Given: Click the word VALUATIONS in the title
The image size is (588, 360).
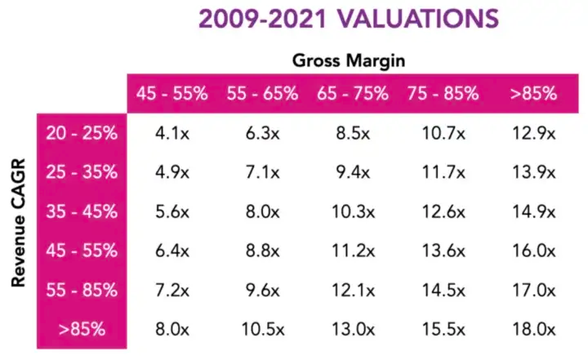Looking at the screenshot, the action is [418, 19].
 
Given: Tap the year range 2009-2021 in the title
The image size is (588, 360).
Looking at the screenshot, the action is [262, 19].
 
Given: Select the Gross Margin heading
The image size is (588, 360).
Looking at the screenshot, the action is [349, 60].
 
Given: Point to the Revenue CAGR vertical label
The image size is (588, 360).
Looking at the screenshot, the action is [18, 223].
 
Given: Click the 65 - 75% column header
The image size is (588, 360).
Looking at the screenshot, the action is [353, 93].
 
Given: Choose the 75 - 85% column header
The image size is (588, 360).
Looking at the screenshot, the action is [443, 93].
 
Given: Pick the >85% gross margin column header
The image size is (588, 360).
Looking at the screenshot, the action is [533, 93].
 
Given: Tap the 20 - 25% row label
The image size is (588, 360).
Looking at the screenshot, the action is [82, 133].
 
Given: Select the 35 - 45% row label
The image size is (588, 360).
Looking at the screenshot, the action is [82, 211].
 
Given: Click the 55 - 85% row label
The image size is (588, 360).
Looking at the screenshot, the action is [82, 290].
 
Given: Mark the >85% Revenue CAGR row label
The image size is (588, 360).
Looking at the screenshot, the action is [82, 329].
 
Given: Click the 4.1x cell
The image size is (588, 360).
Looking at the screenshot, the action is [172, 133].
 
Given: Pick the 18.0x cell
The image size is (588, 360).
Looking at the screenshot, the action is [533, 329].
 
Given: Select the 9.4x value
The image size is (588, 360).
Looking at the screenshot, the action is [353, 172].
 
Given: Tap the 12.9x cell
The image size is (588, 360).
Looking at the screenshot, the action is [533, 133].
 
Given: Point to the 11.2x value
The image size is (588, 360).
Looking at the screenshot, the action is [354, 251].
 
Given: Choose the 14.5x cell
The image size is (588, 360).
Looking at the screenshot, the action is [443, 290].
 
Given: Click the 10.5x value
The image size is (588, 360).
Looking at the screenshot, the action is [263, 329].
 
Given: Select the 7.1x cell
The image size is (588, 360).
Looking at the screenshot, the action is [262, 172].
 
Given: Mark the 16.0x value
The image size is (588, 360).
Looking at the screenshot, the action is [533, 251].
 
